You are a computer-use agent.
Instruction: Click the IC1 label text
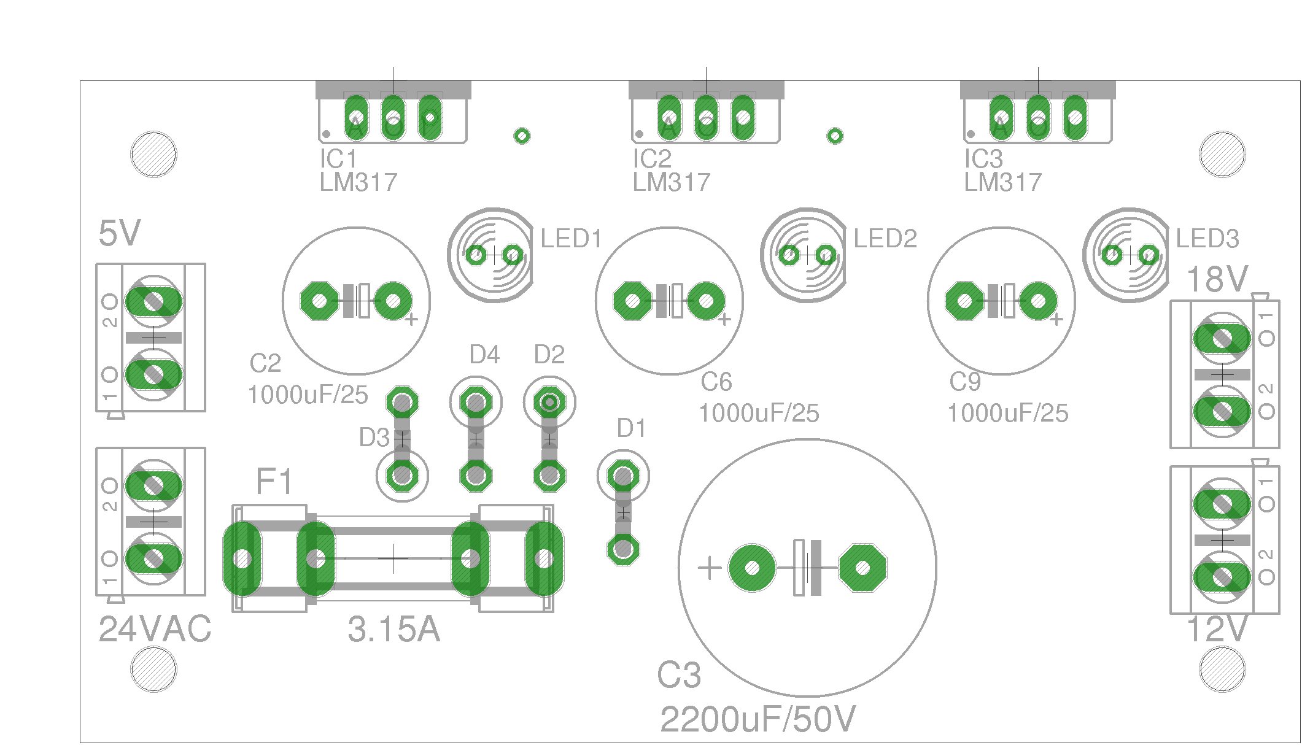coord(338,159)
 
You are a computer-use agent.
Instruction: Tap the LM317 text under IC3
coord(1002,182)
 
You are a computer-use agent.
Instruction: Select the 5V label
coord(120,234)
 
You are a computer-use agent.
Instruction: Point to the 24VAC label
coord(155,629)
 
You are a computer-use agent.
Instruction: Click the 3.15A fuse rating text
coord(393,629)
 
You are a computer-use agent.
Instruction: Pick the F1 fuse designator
coord(274,481)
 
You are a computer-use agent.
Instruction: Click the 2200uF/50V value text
coord(758,719)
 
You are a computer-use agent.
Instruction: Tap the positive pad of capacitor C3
coord(752,568)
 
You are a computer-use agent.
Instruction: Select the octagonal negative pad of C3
coord(862,568)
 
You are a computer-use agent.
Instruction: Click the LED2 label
coord(885,239)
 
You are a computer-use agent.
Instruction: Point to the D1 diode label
coord(631,428)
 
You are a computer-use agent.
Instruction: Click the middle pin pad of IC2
coord(706,117)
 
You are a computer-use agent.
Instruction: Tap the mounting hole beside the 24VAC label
coord(153,670)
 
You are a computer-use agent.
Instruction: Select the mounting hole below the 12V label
coord(1222,670)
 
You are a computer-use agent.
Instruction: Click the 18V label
coord(1217,280)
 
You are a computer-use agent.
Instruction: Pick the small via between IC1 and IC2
coord(522,136)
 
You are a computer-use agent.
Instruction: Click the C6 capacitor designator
coord(716,382)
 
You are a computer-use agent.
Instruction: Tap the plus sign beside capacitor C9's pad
coord(1056,319)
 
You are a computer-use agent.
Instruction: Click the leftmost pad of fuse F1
coord(242,558)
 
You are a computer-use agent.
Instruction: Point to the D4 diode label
coord(484,355)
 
